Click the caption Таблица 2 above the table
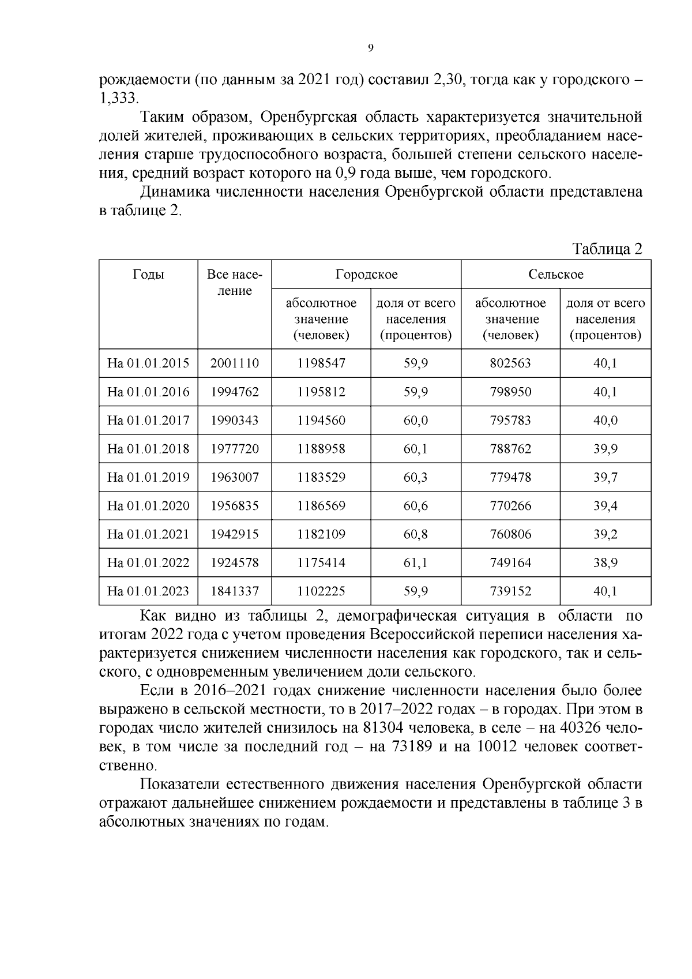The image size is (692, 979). pos(607,249)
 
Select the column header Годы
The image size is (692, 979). pos(148,275)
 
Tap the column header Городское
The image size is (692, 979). pos(366,275)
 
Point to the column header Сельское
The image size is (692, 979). pos(556,275)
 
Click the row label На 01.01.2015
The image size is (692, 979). pos(148,363)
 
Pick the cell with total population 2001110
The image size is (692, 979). pos(235,363)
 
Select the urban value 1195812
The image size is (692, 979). pos(321,392)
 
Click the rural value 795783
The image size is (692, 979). pos(510,421)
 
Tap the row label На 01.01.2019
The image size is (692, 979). pos(148,478)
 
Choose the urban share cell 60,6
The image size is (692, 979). pos(415,506)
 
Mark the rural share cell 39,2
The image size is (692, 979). pos(605,535)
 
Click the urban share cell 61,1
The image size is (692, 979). pos(415,563)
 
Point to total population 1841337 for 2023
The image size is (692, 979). pos(235,591)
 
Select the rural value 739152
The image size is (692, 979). pos(510,591)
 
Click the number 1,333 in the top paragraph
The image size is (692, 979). pos(118,98)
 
